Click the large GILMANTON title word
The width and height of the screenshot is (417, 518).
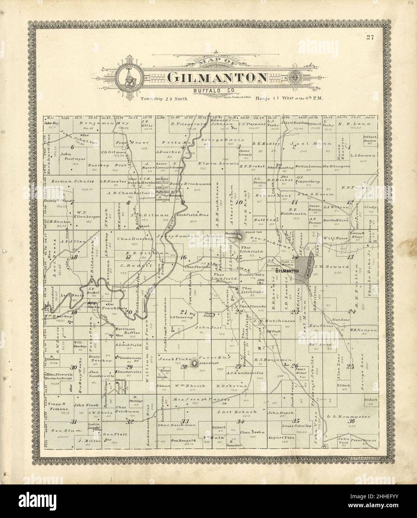pyautogui.click(x=217, y=78)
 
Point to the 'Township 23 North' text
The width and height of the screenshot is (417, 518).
pyautogui.click(x=164, y=99)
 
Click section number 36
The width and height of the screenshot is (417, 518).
pyautogui.click(x=351, y=421)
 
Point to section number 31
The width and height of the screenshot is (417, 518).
pyautogui.click(x=74, y=422)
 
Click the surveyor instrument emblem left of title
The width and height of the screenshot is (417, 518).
pyautogui.click(x=129, y=78)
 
